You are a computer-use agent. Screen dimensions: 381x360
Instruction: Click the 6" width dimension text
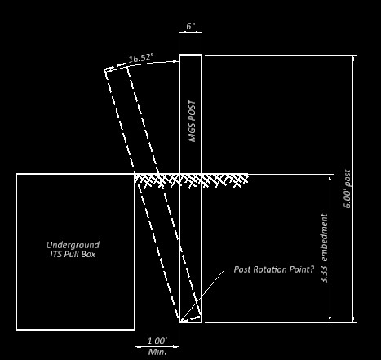click(191, 26)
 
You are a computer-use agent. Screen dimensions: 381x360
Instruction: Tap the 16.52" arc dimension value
click(141, 58)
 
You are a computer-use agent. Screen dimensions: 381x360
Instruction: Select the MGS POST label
click(193, 122)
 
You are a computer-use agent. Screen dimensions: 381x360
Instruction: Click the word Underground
click(73, 245)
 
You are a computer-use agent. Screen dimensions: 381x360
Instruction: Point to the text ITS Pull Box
click(73, 255)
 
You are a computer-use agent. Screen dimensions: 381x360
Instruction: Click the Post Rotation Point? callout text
click(274, 269)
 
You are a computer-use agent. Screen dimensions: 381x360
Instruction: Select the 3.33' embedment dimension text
click(324, 248)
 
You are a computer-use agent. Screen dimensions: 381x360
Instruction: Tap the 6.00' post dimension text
click(348, 189)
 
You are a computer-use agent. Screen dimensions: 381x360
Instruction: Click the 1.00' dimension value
click(157, 340)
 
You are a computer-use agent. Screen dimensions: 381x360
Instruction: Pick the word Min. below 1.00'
click(157, 352)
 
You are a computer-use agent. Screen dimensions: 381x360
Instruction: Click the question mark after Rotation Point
click(312, 269)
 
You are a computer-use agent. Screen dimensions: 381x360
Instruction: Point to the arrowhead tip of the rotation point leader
click(180, 321)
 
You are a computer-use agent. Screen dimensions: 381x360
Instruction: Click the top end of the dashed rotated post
click(116, 67)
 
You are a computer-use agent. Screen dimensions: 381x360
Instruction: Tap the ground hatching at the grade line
click(191, 180)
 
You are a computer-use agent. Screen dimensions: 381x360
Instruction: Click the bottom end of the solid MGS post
click(190, 322)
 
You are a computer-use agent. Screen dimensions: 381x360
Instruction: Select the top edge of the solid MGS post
click(190, 55)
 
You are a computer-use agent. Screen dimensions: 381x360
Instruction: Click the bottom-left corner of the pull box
click(16, 330)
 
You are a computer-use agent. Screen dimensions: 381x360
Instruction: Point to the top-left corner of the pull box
click(16, 174)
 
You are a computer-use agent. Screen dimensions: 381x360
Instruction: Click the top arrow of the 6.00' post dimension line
click(353, 57)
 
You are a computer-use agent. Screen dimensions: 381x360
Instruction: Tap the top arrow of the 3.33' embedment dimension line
click(330, 176)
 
